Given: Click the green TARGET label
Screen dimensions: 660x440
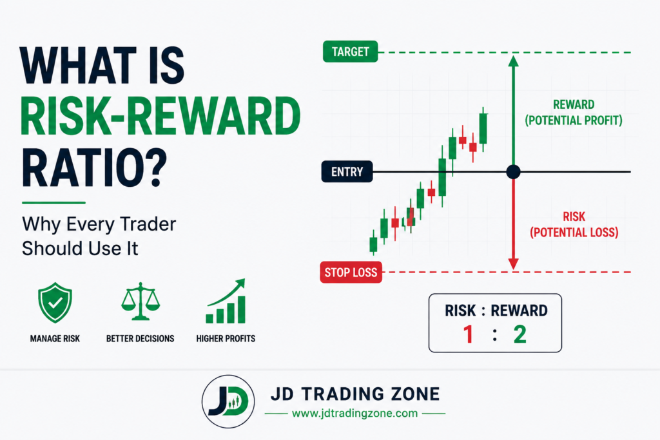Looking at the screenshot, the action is point(350,52).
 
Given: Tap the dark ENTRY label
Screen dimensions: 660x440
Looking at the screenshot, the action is point(347,171).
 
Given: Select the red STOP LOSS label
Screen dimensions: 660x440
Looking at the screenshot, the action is point(351,272).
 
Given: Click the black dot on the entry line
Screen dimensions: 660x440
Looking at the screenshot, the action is point(513,171).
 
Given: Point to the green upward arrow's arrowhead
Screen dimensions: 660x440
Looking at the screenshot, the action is point(513,61).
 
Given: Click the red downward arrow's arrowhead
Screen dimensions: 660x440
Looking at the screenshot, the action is point(513,263).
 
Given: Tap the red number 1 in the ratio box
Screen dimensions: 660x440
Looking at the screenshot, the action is point(468,334).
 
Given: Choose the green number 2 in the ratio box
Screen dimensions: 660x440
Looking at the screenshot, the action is point(520,334).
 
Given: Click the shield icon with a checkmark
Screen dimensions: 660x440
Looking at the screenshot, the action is point(55,302).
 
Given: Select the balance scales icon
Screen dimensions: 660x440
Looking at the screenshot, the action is point(141,301).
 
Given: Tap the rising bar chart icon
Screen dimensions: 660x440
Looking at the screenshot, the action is point(226,301).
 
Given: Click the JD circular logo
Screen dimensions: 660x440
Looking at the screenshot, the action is point(228,402).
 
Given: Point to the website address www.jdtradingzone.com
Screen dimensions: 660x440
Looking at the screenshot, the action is point(355,414).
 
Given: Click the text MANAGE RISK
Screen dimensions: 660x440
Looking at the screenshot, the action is point(55,339).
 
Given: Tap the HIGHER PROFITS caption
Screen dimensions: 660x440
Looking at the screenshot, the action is point(226,339).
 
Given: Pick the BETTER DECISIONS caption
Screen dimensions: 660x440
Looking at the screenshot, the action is point(140,339).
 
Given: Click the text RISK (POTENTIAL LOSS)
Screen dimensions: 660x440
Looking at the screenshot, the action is point(574,225).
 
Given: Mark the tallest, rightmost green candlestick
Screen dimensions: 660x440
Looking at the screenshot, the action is point(483,128).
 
